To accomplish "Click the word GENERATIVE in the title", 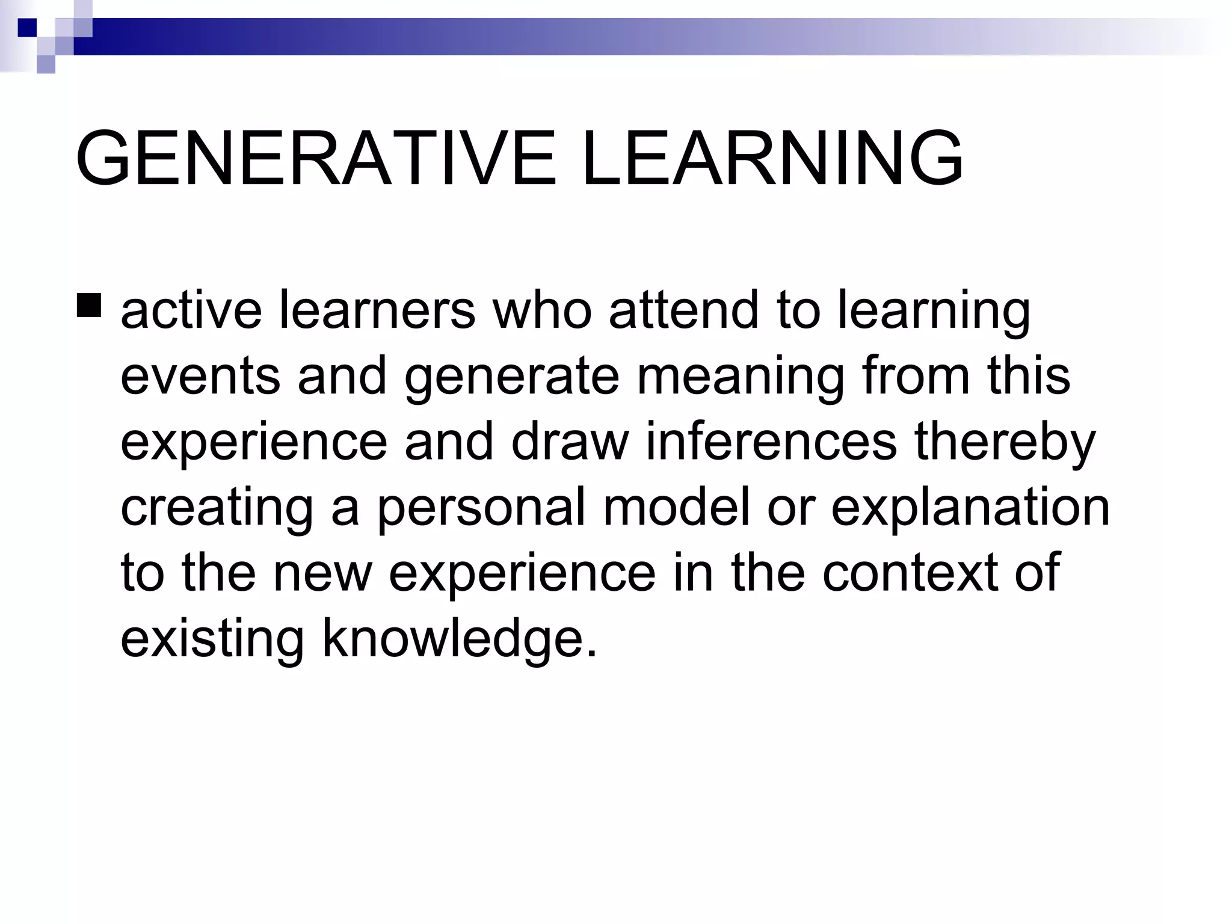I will pyautogui.click(x=316, y=159).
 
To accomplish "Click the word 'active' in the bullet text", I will pyautogui.click(x=191, y=310).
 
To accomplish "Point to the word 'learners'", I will pyautogui.click(x=377, y=310).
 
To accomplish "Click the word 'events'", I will pyautogui.click(x=200, y=376).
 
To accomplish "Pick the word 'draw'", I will pyautogui.click(x=570, y=442).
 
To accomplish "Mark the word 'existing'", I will pyautogui.click(x=212, y=640).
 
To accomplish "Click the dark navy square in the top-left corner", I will pyautogui.click(x=27, y=28).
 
